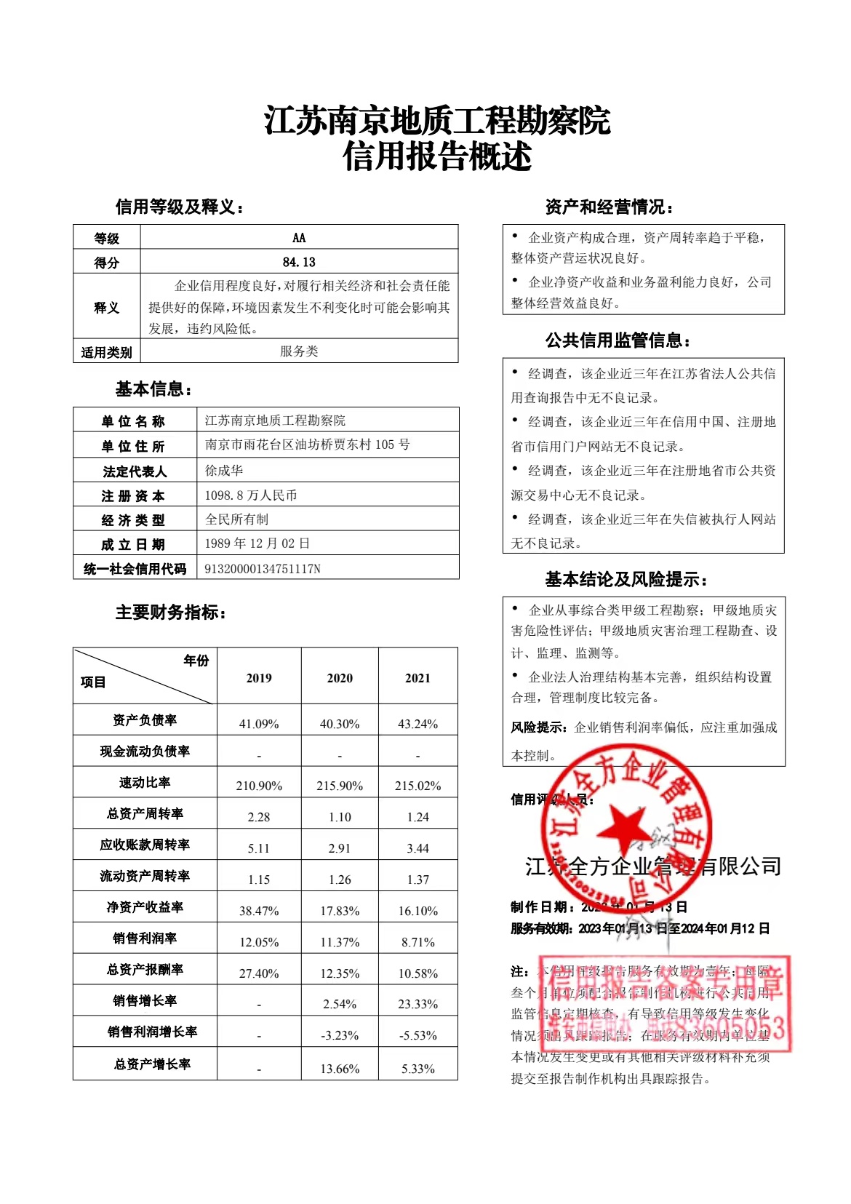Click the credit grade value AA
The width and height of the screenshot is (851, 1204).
pyautogui.click(x=299, y=238)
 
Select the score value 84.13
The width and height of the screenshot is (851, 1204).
pyautogui.click(x=299, y=262)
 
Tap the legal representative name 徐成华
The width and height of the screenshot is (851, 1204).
pyautogui.click(x=224, y=471)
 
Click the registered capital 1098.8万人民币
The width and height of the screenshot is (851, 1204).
pyautogui.click(x=251, y=495)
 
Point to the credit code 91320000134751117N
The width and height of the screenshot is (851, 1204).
pyautogui.click(x=263, y=569)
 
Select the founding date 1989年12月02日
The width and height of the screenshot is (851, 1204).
pyautogui.click(x=257, y=543)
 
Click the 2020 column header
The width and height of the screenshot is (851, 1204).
pyautogui.click(x=340, y=678)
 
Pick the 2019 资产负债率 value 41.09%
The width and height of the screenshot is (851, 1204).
pyautogui.click(x=259, y=724)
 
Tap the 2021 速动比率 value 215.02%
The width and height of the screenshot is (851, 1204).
pyautogui.click(x=417, y=786)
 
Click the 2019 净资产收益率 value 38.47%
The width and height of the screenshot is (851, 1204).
pyautogui.click(x=259, y=911)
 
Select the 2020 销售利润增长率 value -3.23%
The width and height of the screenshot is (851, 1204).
pyautogui.click(x=340, y=1035)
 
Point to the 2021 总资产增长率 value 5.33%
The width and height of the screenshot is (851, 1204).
pyautogui.click(x=417, y=1069)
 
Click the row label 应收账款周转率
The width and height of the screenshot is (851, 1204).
pyautogui.click(x=145, y=845)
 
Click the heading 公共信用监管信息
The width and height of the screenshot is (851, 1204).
pyautogui.click(x=618, y=340)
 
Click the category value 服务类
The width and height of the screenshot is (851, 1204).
pyautogui.click(x=299, y=351)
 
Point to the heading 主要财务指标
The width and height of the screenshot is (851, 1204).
pyautogui.click(x=170, y=613)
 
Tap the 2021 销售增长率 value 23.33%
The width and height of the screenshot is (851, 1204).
pyautogui.click(x=417, y=1004)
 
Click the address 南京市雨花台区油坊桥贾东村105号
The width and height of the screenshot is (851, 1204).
pyautogui.click(x=308, y=444)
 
